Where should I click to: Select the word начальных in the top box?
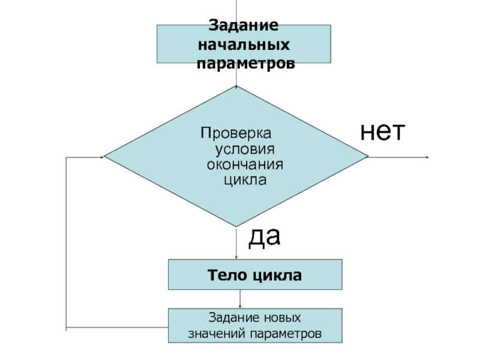pyautogui.click(x=244, y=45)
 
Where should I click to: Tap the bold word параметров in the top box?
pyautogui.click(x=247, y=64)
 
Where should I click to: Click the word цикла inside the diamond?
pyautogui.click(x=244, y=179)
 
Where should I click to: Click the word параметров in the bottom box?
pyautogui.click(x=287, y=332)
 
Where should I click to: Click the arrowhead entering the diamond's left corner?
pyautogui.click(x=102, y=157)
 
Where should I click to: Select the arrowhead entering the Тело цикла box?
pyautogui.click(x=237, y=257)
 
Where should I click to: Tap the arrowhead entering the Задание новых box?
pyautogui.click(x=240, y=307)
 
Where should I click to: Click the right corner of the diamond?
pyautogui.click(x=367, y=157)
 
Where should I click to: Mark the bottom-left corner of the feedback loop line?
pyautogui.click(x=65, y=328)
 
